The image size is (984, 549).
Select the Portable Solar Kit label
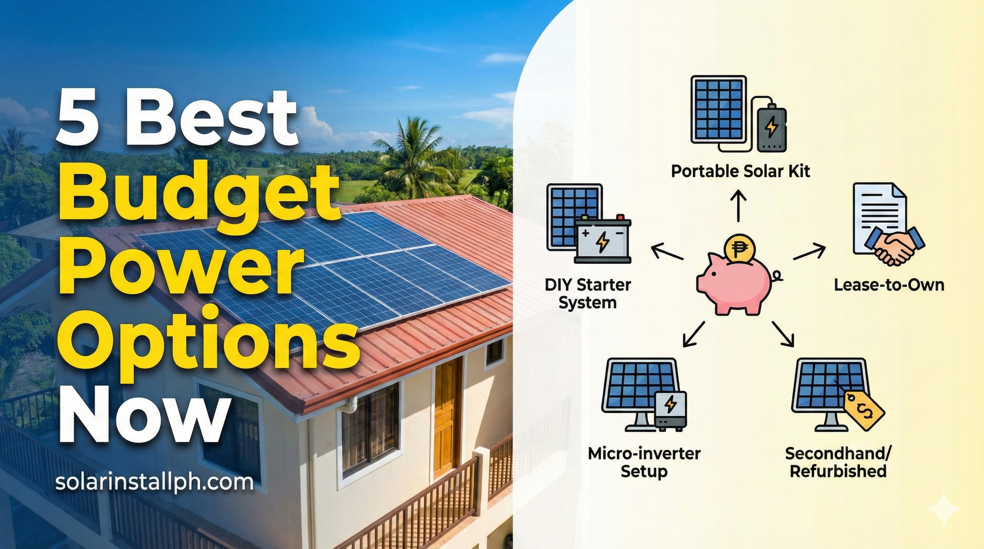point(740,172)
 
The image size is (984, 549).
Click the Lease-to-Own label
point(889,285)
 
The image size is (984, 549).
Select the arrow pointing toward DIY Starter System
point(666,252)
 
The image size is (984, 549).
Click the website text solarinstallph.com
point(154,482)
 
